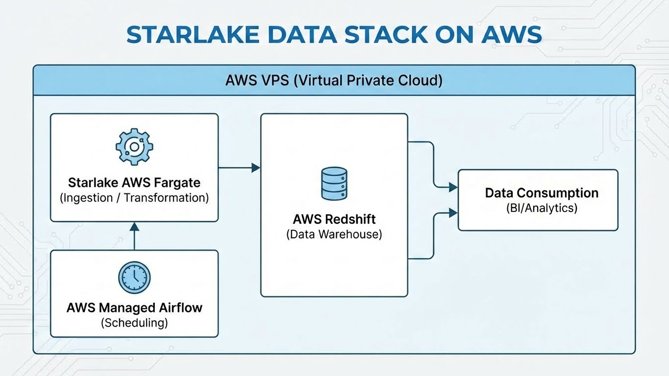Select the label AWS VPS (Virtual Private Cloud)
click(334, 80)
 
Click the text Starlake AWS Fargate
click(134, 183)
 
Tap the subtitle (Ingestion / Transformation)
click(134, 198)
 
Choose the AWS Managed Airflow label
click(134, 308)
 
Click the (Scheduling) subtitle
click(134, 323)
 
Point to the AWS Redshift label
click(334, 219)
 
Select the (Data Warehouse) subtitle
click(334, 234)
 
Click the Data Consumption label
click(542, 192)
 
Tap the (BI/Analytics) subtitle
click(542, 208)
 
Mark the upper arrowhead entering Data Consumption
click(453, 187)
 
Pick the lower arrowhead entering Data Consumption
click(453, 212)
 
